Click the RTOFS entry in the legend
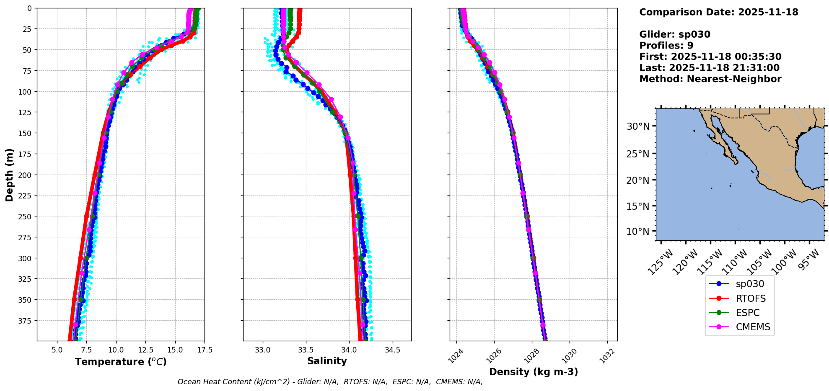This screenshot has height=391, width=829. [750, 298]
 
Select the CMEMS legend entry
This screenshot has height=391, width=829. [753, 327]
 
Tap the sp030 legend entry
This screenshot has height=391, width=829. [750, 284]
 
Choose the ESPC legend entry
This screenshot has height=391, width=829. [747, 313]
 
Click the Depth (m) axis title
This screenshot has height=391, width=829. [9, 175]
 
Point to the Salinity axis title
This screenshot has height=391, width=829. [327, 361]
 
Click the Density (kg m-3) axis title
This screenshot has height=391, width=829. [534, 372]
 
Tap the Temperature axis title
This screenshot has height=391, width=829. [121, 362]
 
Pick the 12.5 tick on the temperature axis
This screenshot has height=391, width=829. [145, 350]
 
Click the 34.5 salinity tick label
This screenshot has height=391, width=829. [392, 350]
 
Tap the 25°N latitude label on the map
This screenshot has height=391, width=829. [637, 154]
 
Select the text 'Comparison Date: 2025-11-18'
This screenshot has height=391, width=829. [718, 12]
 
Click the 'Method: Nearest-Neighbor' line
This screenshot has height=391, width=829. [710, 79]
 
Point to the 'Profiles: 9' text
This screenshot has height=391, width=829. [666, 46]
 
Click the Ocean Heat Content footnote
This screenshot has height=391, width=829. [330, 382]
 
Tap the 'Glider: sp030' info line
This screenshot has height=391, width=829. [675, 34]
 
